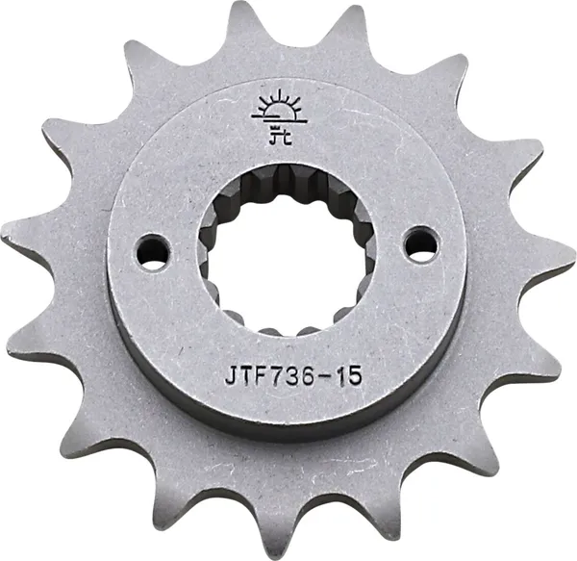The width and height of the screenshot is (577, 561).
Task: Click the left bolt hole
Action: [x=153, y=249]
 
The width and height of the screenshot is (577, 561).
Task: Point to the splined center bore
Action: [x=285, y=248]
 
